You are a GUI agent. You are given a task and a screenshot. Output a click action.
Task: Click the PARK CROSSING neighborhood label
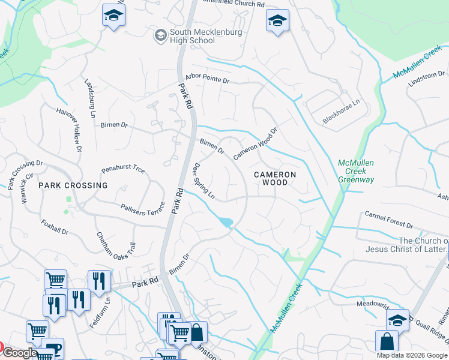pyautogui.click(x=73, y=185)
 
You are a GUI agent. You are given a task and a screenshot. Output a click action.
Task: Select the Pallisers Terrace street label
pyautogui.click(x=142, y=208)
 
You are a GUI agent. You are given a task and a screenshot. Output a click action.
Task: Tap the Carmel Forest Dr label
pyautogui.click(x=389, y=220)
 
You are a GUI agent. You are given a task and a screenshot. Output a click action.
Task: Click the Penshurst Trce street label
pyautogui.click(x=123, y=170)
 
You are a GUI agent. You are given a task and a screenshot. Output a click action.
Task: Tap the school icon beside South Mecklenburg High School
pyautogui.click(x=160, y=35)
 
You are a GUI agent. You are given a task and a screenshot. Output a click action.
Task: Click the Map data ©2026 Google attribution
pyautogui.click(x=412, y=355)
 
